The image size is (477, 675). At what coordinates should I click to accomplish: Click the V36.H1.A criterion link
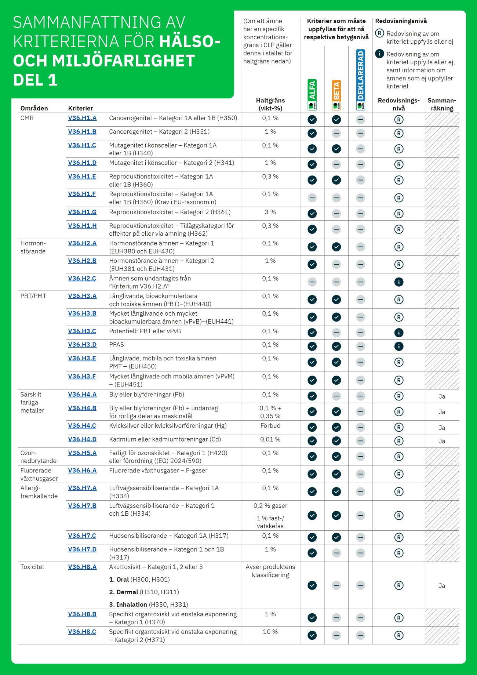click(x=82, y=118)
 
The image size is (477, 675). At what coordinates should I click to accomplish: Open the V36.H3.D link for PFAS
click(x=82, y=345)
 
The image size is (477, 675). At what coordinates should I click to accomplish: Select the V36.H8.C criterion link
click(x=82, y=632)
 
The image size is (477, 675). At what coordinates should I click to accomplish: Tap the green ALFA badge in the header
click(x=312, y=95)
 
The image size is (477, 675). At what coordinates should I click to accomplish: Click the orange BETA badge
click(x=336, y=95)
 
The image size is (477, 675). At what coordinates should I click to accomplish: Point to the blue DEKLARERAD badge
click(x=361, y=80)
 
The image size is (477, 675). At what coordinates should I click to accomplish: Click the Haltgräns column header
click(x=270, y=104)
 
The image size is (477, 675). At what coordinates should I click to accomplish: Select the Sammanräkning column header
click(x=442, y=104)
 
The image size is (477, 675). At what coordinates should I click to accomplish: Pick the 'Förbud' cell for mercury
click(x=270, y=426)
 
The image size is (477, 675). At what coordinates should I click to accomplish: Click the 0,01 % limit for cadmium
click(x=270, y=439)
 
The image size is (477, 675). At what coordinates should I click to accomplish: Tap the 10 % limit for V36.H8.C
click(x=270, y=632)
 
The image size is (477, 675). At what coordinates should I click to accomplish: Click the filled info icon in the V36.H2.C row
click(x=399, y=282)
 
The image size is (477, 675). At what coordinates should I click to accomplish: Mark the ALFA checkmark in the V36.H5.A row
click(x=312, y=457)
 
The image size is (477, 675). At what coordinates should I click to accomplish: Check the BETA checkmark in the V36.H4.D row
click(x=336, y=441)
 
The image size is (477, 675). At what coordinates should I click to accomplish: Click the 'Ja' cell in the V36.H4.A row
click(x=442, y=396)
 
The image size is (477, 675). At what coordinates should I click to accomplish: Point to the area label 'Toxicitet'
click(x=32, y=567)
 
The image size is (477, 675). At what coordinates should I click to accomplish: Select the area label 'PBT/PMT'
click(x=33, y=296)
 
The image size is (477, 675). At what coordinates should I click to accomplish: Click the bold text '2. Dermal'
click(x=124, y=592)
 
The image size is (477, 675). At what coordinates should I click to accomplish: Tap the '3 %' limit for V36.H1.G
click(x=270, y=212)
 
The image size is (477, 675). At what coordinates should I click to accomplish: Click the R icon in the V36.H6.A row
click(x=399, y=474)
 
